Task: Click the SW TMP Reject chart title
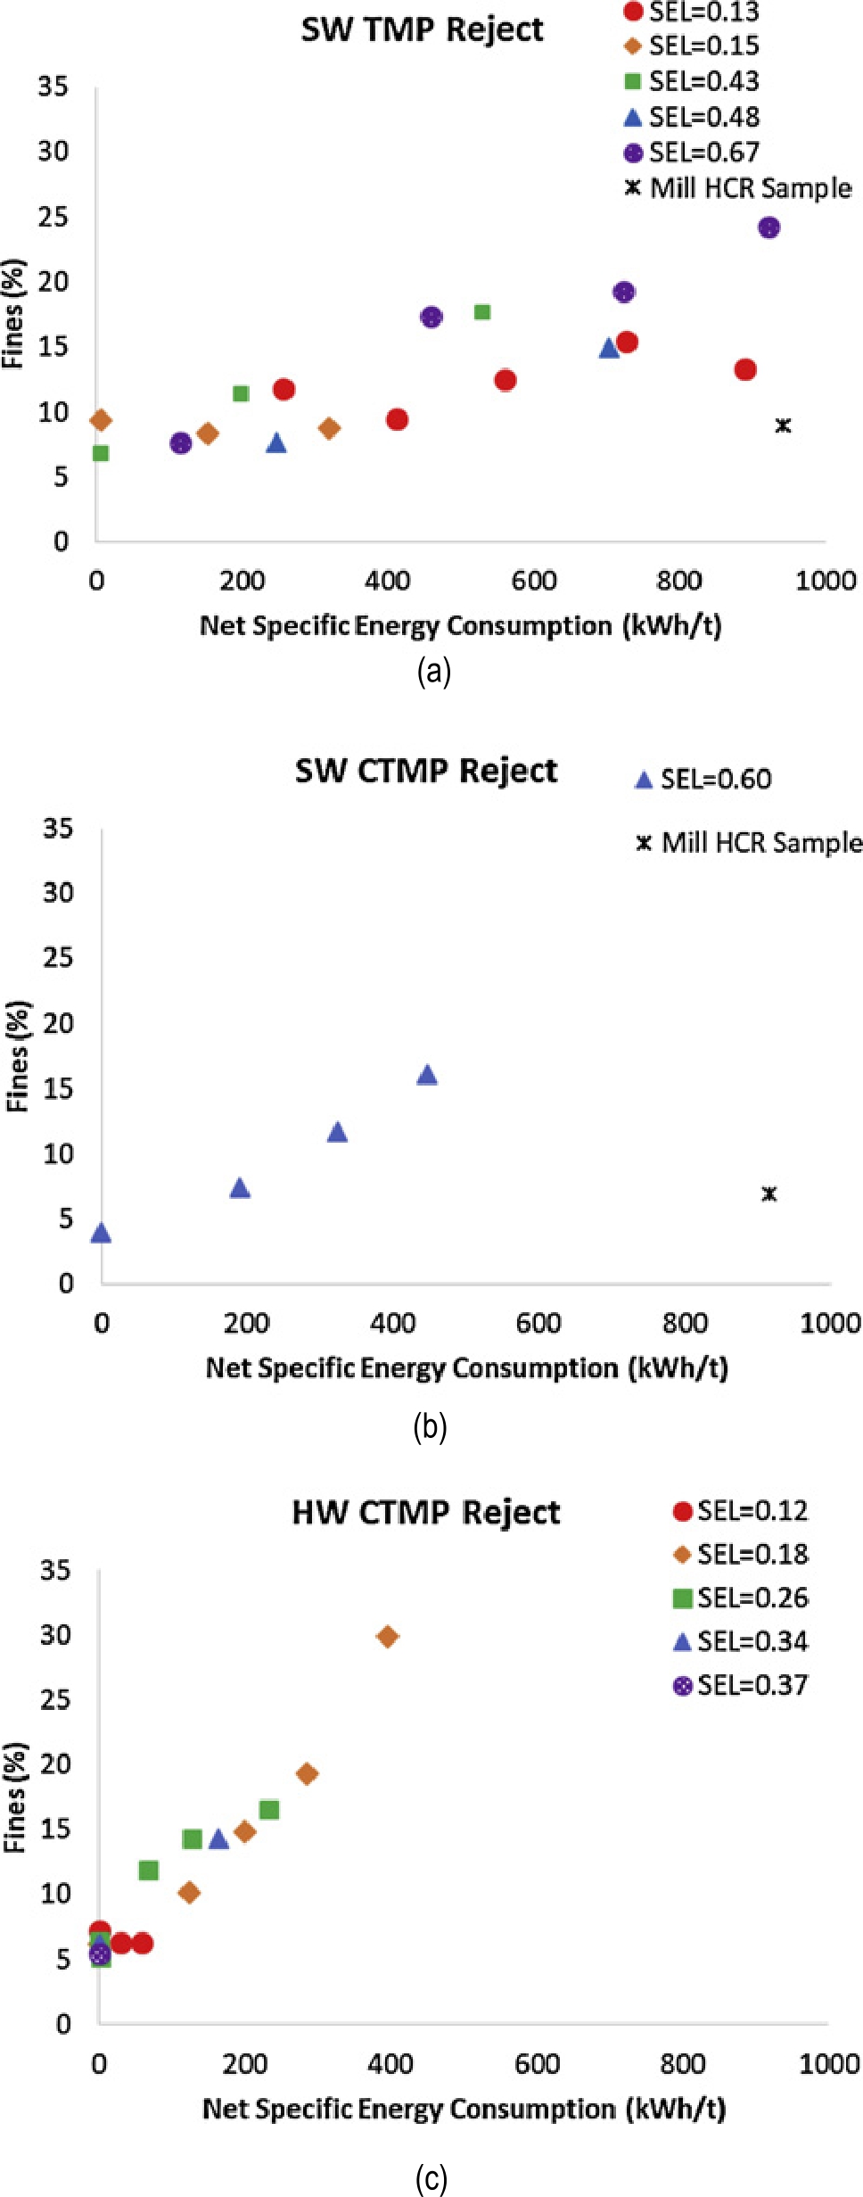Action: coord(422,29)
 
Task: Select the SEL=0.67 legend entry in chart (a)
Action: coord(693,153)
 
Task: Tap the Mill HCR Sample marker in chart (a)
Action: coord(783,425)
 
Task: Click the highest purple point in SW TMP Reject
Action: coord(768,227)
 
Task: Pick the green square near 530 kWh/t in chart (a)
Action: coord(482,312)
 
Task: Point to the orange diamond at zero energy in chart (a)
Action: coord(101,420)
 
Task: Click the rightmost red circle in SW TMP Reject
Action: coord(745,369)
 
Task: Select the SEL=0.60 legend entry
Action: coord(703,779)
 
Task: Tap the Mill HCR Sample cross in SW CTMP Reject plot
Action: coord(768,1193)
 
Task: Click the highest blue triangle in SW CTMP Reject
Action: coord(427,1075)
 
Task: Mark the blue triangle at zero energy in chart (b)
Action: coord(101,1234)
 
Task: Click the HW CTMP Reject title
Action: coord(426,1512)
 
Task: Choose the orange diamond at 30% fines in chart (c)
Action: coord(387,1636)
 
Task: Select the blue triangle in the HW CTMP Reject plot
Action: coord(218,1839)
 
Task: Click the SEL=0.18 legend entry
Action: coord(741,1554)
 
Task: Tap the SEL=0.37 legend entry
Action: coord(741,1685)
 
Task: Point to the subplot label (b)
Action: coord(430,1427)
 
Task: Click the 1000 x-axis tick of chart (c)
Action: coord(828,2064)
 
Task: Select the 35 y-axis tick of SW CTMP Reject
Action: coord(58,828)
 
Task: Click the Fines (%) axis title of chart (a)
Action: coord(12,314)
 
